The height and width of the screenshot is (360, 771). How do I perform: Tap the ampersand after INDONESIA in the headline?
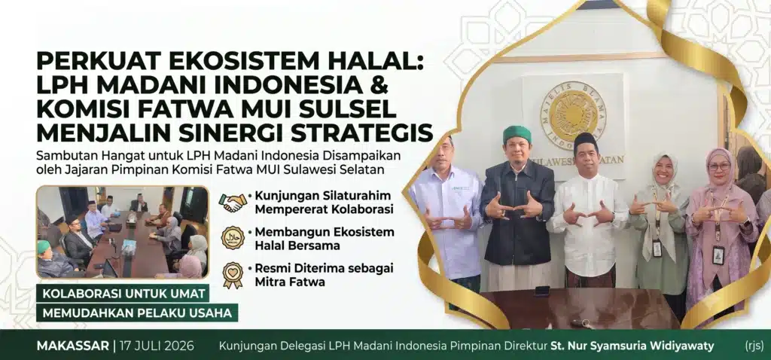[379, 85]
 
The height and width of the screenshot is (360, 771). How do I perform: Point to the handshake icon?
[233, 202]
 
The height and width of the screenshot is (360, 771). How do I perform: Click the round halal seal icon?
[233, 237]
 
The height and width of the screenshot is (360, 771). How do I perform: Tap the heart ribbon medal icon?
[233, 275]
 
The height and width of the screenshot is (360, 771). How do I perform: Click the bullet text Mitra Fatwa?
[283, 282]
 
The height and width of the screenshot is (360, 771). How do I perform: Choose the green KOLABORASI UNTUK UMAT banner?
[123, 294]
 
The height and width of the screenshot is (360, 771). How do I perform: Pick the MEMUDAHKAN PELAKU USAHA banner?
[137, 313]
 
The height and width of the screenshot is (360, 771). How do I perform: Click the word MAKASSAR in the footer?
[73, 346]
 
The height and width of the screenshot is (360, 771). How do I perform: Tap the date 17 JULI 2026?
[156, 346]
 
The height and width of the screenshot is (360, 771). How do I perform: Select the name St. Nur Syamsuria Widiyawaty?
[632, 346]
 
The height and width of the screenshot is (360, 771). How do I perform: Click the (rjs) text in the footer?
[752, 346]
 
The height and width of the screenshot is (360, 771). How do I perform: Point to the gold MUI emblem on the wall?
[573, 115]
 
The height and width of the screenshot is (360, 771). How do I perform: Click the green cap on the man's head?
[517, 133]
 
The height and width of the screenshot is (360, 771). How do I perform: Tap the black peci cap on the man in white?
[586, 142]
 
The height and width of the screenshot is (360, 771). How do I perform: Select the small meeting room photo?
[123, 232]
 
